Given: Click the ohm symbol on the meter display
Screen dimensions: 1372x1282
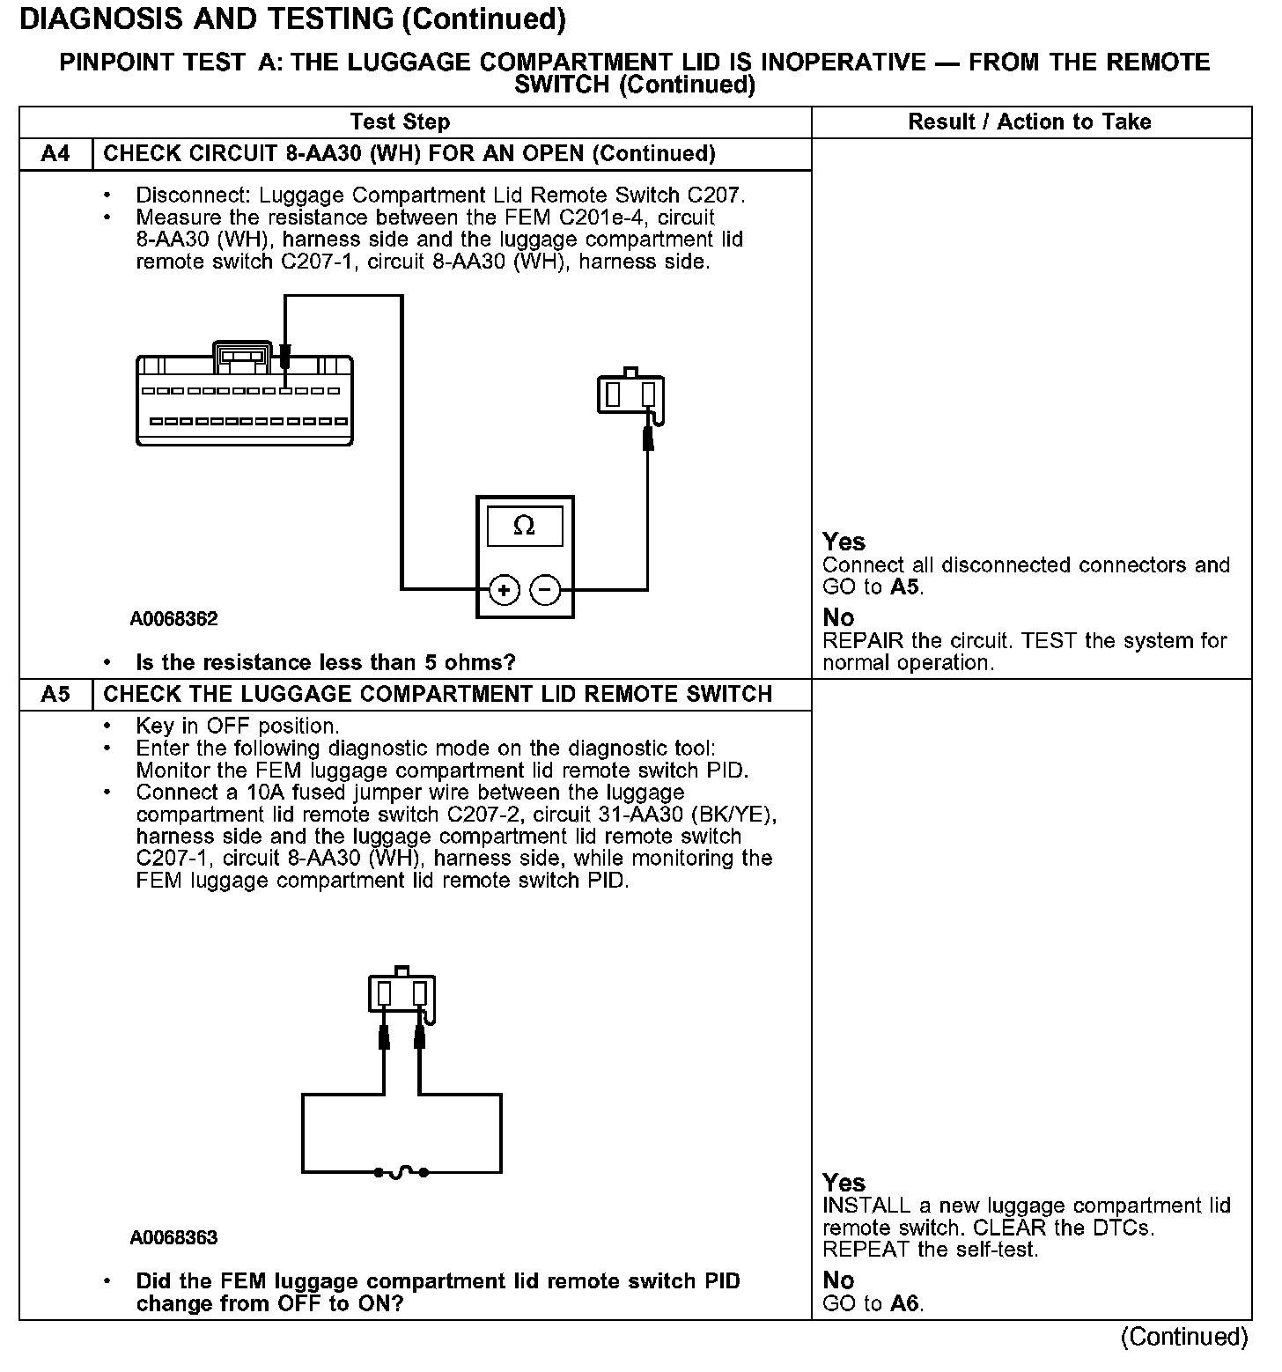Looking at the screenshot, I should tap(524, 526).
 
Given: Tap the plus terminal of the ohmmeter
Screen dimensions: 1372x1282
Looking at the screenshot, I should tap(505, 589).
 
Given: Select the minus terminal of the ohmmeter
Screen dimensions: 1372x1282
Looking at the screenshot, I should tap(546, 589).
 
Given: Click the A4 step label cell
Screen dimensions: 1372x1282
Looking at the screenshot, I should tap(55, 154).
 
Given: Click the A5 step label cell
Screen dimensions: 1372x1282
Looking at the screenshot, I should tap(55, 694).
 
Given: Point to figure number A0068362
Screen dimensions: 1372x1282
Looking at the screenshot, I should tap(173, 619).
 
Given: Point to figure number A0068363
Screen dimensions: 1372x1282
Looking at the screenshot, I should tap(173, 1237).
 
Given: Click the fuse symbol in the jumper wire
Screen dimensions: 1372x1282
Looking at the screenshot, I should tap(402, 1172).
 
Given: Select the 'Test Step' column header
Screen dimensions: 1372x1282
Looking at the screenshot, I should tap(400, 122).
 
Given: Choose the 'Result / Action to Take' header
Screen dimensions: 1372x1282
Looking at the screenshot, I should tap(1029, 122).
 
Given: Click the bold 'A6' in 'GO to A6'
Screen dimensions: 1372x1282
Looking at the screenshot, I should tap(906, 1303).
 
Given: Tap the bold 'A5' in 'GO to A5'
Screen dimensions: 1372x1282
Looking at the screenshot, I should tap(906, 587).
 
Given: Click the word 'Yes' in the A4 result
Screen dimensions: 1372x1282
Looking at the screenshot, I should tap(844, 542).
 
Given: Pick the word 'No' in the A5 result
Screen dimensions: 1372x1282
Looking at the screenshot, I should tap(838, 1280).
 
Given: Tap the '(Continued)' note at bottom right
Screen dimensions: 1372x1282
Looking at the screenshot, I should tap(1183, 1337).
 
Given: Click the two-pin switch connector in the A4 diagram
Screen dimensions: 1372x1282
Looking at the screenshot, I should tap(630, 393).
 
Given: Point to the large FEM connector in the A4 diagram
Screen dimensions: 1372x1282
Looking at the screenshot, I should tap(244, 401).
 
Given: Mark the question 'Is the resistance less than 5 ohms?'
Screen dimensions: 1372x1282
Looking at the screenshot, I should tap(326, 662).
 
